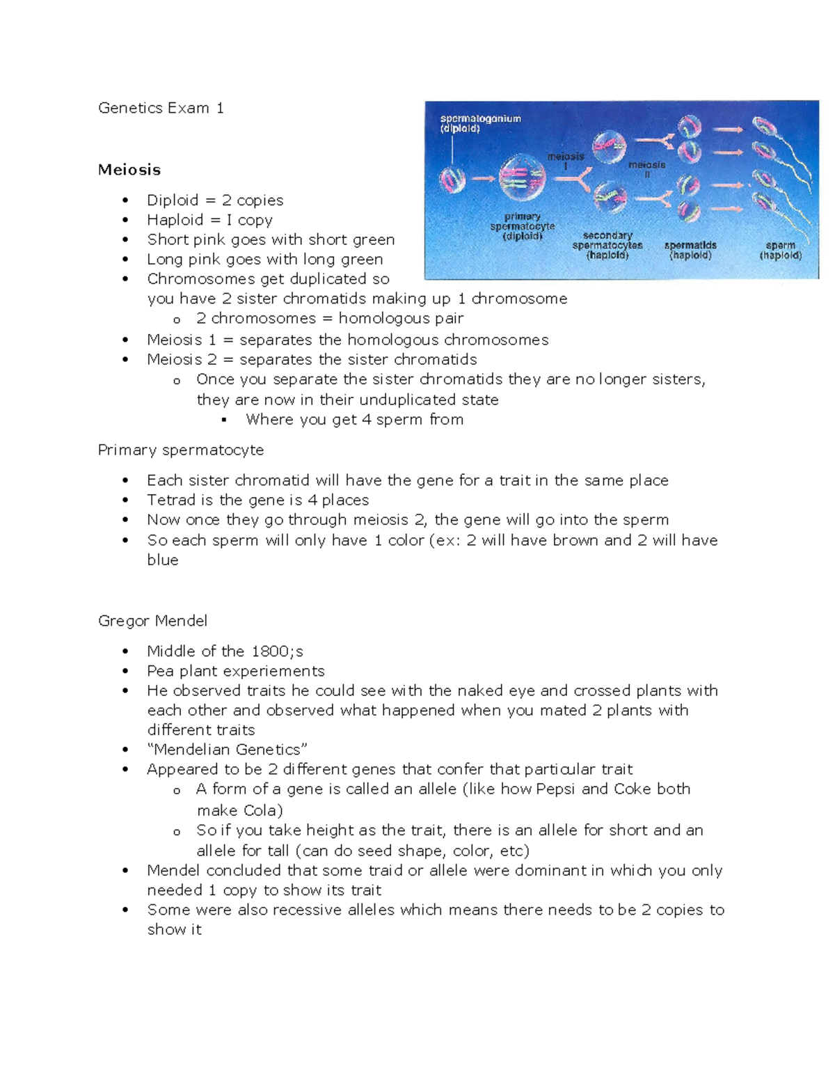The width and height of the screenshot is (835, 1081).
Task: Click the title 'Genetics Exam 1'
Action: [161, 108]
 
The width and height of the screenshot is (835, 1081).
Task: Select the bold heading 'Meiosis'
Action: [129, 170]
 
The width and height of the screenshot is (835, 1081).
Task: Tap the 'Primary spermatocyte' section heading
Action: [181, 450]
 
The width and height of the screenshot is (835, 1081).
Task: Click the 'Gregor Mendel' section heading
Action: [152, 621]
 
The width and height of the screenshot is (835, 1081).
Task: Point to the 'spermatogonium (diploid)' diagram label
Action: [480, 123]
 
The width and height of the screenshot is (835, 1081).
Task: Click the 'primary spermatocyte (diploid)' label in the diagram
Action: [523, 226]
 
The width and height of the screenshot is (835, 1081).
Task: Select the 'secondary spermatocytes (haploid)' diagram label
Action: [607, 245]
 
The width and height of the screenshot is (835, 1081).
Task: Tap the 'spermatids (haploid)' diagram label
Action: [690, 250]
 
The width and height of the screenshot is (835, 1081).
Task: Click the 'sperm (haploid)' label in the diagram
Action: [780, 250]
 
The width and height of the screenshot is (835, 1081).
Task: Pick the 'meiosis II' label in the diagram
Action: [647, 169]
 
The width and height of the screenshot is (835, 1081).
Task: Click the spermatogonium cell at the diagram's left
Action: [452, 180]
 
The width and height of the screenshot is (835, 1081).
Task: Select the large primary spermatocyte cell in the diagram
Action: [523, 177]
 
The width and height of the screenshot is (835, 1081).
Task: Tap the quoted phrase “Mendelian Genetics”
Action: [227, 750]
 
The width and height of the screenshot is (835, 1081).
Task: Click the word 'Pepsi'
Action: [555, 789]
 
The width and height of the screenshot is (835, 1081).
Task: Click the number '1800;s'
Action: [277, 652]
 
